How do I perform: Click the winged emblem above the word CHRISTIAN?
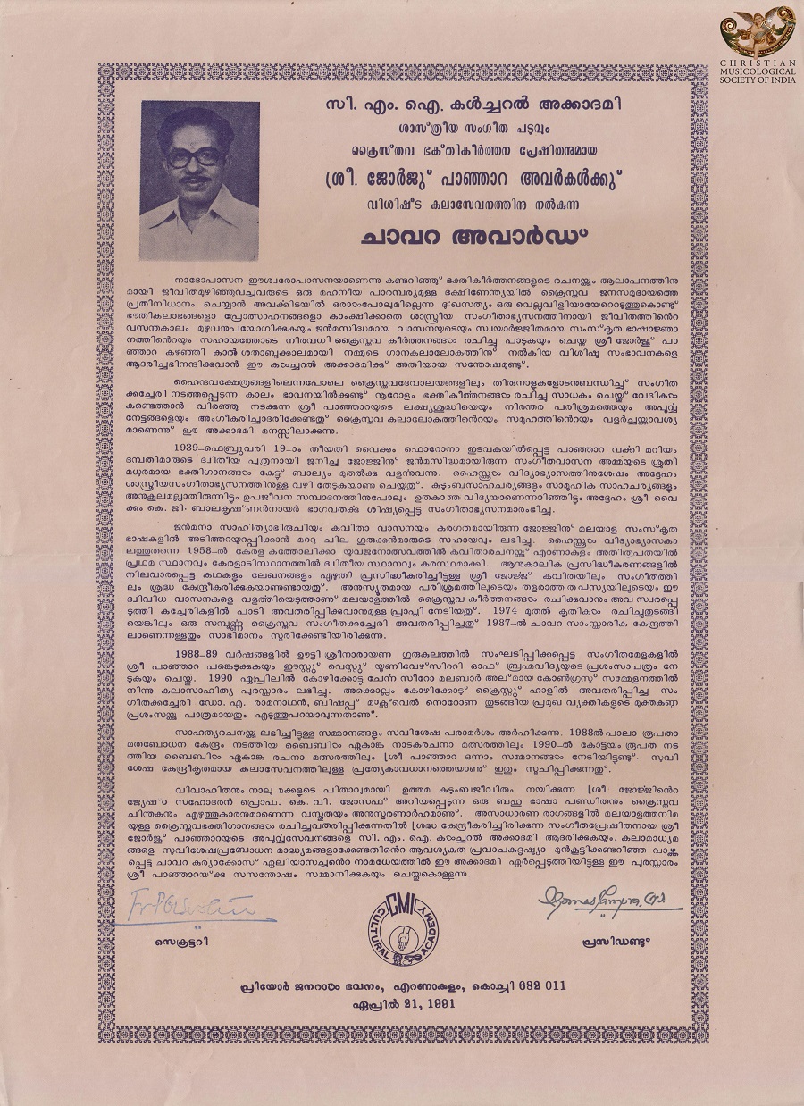(759, 33)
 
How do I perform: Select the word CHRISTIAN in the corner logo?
(759, 64)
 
